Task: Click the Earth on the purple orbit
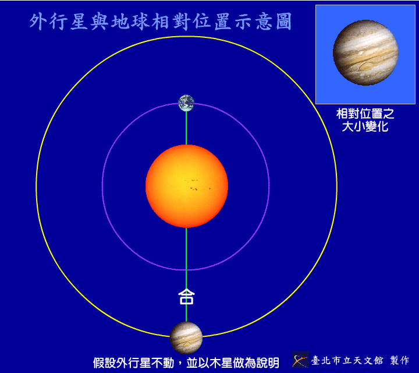(x=186, y=103)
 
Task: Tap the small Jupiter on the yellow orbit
(x=186, y=337)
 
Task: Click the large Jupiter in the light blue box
(x=365, y=52)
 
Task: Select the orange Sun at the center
(x=187, y=186)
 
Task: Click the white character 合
(x=186, y=296)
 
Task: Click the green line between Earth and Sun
(x=186, y=128)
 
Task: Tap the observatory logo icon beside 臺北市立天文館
(x=300, y=360)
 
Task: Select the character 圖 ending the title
(x=283, y=22)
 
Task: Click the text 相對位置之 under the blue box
(x=365, y=114)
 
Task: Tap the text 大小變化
(x=365, y=126)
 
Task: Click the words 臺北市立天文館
(x=347, y=360)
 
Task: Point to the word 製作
(x=400, y=360)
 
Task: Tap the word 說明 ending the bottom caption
(x=268, y=363)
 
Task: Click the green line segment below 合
(x=186, y=314)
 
